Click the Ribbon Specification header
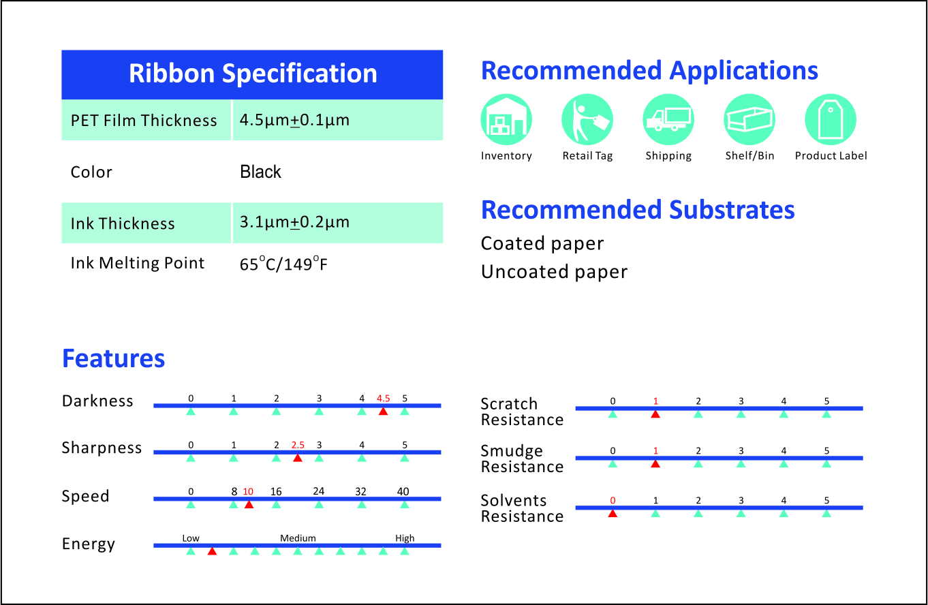point(252,74)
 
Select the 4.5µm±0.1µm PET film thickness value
point(294,121)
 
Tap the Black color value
point(260,172)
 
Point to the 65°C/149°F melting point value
point(283,264)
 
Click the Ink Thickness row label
point(123,223)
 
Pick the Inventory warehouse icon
point(506,119)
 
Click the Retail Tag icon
point(587,119)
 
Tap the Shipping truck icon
point(668,119)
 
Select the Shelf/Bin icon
point(749,119)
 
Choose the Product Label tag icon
point(831,119)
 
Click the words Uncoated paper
point(554,272)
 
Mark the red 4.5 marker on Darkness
point(383,411)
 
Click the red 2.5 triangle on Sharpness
point(298,458)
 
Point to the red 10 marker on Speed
point(249,504)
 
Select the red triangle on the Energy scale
point(212,550)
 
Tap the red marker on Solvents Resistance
point(613,513)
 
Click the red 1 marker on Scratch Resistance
point(655,414)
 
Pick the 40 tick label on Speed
point(404,491)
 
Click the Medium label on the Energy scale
point(298,538)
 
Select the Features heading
point(114,358)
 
